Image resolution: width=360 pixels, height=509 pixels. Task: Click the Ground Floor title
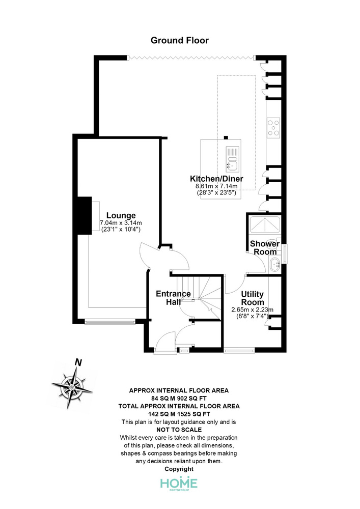(180, 40)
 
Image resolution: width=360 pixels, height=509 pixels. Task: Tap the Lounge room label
(121, 215)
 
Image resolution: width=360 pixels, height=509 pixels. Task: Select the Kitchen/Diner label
(216, 179)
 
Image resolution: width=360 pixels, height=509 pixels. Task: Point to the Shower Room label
(265, 248)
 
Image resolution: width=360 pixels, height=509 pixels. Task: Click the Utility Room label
(252, 298)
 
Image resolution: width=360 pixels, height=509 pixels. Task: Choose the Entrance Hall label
(173, 298)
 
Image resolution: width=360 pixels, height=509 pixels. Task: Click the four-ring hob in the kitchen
(273, 127)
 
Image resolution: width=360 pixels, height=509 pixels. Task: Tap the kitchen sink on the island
(232, 159)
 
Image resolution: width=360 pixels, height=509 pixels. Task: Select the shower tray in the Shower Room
(265, 224)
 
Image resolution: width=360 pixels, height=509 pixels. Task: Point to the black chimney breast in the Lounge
(83, 215)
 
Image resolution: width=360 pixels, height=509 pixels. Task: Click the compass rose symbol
(72, 387)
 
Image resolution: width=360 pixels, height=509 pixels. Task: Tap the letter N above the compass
(78, 362)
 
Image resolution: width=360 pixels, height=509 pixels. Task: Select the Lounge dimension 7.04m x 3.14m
(121, 223)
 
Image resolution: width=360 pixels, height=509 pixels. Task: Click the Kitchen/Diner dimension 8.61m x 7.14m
(216, 186)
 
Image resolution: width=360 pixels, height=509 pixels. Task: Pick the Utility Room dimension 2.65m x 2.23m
(252, 309)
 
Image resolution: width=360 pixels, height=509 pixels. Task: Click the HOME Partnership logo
(179, 484)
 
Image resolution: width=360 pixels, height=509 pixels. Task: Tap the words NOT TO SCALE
(179, 430)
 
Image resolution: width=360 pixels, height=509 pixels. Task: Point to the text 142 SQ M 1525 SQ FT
(179, 414)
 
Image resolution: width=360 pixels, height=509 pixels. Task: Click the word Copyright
(179, 469)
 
